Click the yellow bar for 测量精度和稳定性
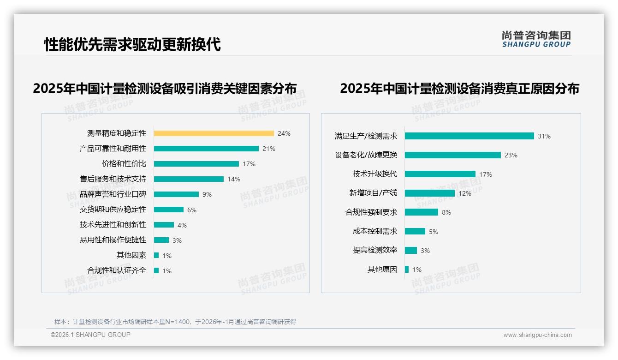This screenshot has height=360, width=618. click(214, 133)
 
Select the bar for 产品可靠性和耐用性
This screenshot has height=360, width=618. click(206, 149)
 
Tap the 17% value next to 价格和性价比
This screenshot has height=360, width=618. click(249, 164)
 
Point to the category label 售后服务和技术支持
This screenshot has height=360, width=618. click(113, 179)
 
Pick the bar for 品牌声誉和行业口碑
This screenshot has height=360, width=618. click(176, 194)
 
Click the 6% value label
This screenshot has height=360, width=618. click(192, 210)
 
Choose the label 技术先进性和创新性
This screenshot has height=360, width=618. click(113, 225)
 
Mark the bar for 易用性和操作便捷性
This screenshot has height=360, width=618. click(161, 240)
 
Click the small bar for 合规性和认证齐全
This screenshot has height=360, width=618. click(156, 270)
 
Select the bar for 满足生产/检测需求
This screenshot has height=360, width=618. click(469, 136)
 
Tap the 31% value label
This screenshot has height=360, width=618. click(544, 136)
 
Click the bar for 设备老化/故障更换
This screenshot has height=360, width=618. click(453, 155)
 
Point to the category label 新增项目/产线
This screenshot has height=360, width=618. click(373, 193)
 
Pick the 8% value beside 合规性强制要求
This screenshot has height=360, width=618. click(446, 212)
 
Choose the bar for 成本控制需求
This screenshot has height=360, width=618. click(415, 231)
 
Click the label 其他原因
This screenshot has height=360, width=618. click(382, 270)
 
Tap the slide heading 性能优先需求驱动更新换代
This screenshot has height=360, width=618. click(132, 44)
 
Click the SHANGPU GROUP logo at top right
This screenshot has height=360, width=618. click(536, 39)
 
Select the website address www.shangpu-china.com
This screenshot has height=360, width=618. click(537, 335)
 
